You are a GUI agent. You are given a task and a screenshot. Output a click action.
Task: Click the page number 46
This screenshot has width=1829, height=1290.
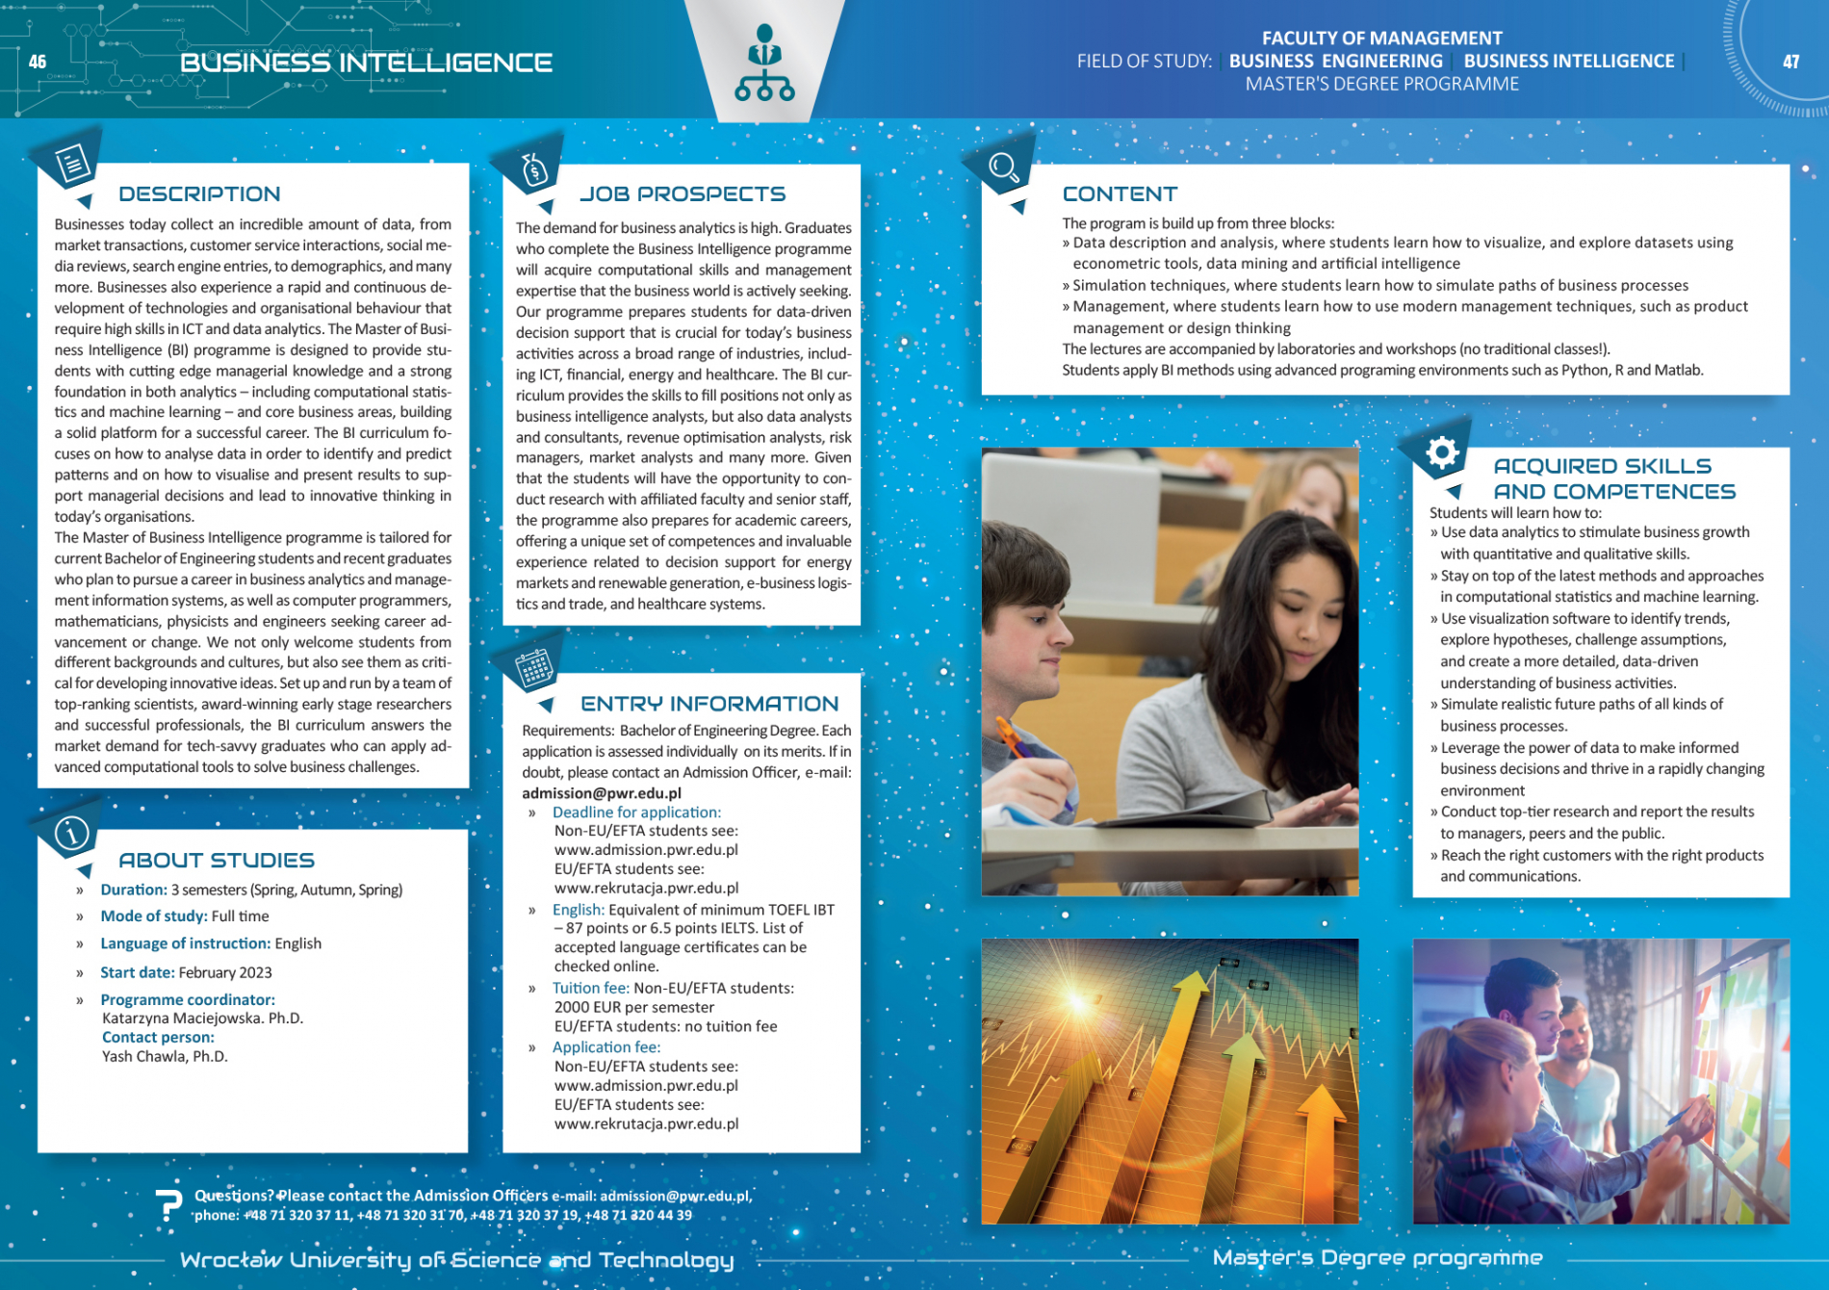(x=38, y=62)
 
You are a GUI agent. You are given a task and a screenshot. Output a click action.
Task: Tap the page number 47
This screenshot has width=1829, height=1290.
(x=1790, y=62)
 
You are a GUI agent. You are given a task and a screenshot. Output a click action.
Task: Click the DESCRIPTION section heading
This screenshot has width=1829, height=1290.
(x=199, y=193)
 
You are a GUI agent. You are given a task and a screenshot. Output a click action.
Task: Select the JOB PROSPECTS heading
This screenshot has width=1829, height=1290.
(x=683, y=193)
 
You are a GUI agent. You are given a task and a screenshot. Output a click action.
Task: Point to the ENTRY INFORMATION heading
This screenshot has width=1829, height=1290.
(x=709, y=704)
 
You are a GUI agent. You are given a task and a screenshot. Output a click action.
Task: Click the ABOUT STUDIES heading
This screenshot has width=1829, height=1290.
(x=217, y=860)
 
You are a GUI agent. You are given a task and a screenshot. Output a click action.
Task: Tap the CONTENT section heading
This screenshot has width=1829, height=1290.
(x=1120, y=193)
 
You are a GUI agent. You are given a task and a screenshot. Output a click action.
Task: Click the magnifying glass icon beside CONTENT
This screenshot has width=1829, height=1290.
(x=1003, y=168)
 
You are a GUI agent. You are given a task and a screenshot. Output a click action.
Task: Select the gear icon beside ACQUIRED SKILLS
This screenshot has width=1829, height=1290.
(x=1442, y=451)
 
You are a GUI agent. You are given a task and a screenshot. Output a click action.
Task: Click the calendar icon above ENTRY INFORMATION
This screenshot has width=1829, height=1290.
(x=533, y=666)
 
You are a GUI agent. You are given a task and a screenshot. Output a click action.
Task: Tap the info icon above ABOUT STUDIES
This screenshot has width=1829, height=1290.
(x=71, y=832)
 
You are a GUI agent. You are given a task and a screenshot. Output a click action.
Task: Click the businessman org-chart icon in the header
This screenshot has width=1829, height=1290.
(x=764, y=64)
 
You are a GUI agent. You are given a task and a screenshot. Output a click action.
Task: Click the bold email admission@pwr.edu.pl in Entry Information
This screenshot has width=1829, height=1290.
(x=602, y=793)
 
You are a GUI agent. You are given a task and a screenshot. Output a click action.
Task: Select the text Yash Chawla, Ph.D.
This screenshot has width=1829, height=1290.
(x=165, y=1056)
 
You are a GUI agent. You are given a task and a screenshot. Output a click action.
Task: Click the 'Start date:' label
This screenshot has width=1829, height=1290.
(x=138, y=972)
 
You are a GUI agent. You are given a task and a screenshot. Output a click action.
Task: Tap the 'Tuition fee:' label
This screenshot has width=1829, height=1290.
(x=590, y=988)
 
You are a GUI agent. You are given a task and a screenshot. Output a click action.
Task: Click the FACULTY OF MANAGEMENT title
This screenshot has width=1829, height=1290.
(x=1381, y=38)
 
